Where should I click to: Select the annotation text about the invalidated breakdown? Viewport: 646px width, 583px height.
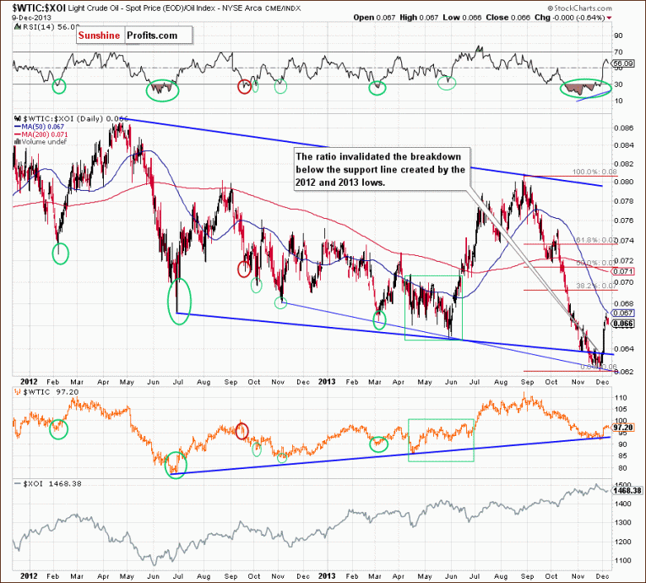click(379, 169)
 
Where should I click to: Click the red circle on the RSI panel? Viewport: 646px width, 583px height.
click(245, 85)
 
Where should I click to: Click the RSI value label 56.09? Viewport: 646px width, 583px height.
click(624, 63)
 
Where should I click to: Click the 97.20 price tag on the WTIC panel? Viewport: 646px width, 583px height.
click(622, 428)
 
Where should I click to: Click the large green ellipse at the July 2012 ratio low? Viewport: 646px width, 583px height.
click(179, 300)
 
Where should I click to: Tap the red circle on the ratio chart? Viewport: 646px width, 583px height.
click(245, 270)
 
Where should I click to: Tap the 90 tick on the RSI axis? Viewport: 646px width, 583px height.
click(619, 35)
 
